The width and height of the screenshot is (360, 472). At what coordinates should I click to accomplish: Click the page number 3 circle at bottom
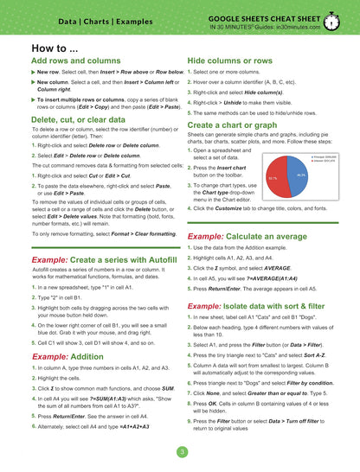pos(181,452)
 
